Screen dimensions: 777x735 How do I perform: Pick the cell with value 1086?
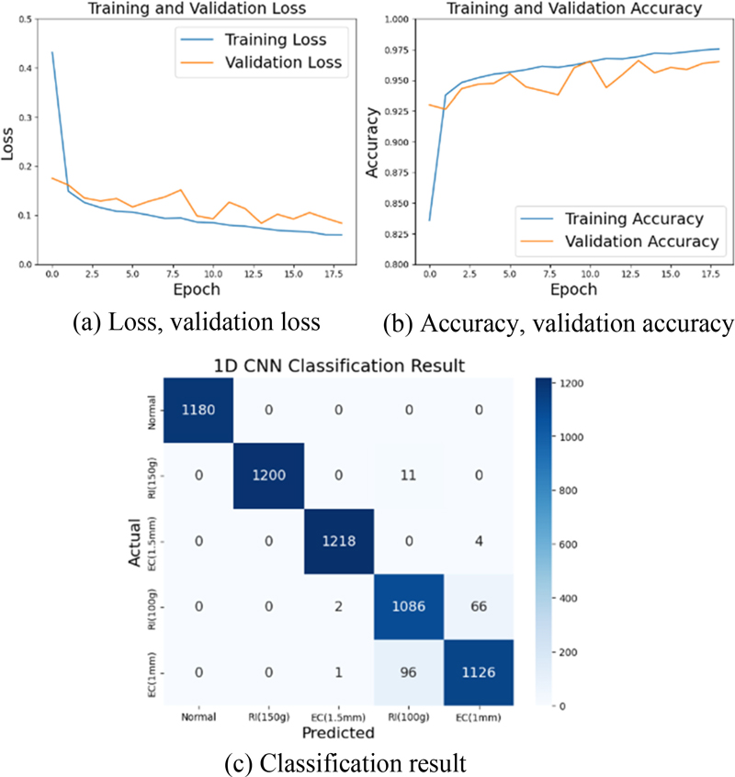[409, 608]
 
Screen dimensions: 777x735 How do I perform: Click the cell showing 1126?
[479, 674]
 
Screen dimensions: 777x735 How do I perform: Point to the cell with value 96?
[409, 674]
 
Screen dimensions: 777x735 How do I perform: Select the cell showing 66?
[479, 608]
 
